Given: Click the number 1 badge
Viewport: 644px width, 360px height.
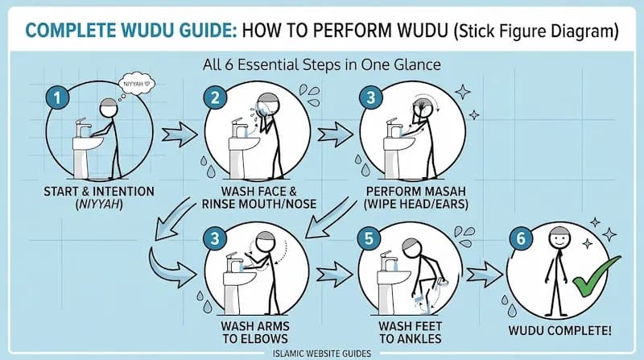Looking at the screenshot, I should pyautogui.click(x=55, y=98).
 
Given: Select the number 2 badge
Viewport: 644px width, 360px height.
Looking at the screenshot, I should pyautogui.click(x=215, y=98).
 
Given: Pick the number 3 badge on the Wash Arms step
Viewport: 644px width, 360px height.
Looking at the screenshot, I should pyautogui.click(x=215, y=238).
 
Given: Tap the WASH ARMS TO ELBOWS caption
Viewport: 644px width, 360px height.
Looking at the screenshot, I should pyautogui.click(x=250, y=333).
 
